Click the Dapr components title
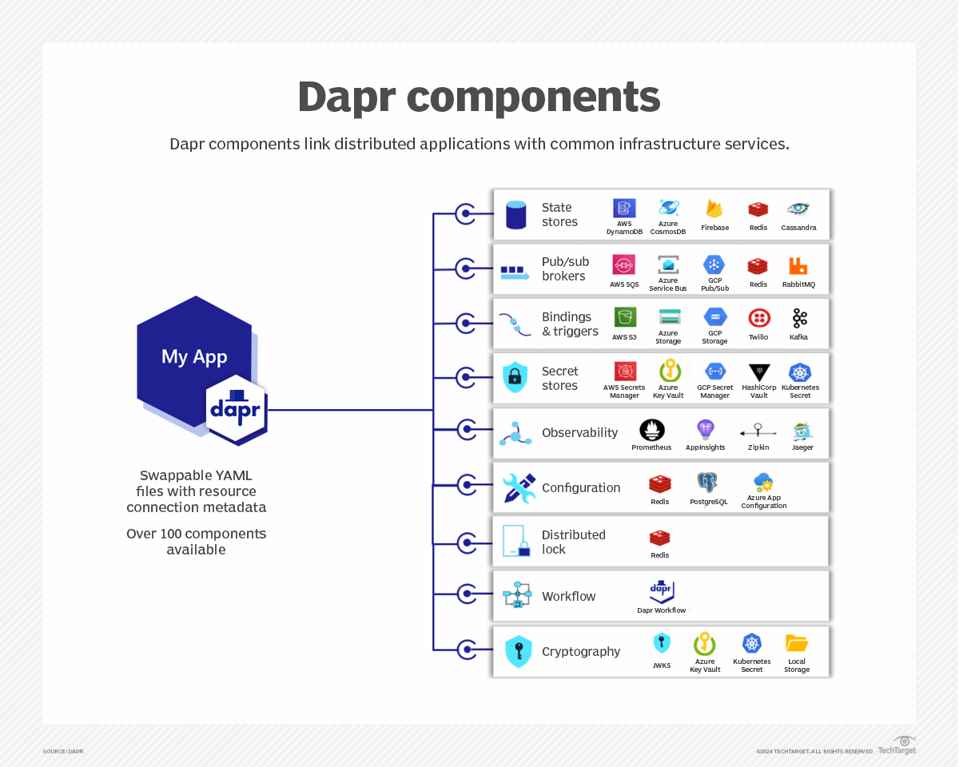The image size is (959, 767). tap(479, 97)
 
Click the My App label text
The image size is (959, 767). tap(194, 356)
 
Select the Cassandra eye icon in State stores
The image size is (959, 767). tap(798, 209)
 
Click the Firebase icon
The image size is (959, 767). tap(714, 209)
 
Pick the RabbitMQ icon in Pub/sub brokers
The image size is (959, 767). tap(798, 265)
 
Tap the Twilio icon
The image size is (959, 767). tap(758, 318)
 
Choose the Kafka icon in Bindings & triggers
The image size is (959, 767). tap(799, 318)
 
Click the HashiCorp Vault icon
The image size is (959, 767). tap(758, 372)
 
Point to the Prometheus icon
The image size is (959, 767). tap(651, 430)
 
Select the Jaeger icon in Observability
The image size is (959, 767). tap(802, 431)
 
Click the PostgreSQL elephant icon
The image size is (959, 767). tap(707, 483)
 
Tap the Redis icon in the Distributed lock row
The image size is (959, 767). tap(659, 538)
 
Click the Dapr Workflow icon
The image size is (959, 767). tap(661, 591)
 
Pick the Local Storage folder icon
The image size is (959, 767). tap(796, 643)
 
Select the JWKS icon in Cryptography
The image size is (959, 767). tap(662, 643)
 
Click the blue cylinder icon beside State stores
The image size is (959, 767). tap(516, 215)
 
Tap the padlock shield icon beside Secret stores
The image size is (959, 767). tap(515, 377)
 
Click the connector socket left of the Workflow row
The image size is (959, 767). tap(465, 594)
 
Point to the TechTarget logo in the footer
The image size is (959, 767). tap(897, 745)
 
